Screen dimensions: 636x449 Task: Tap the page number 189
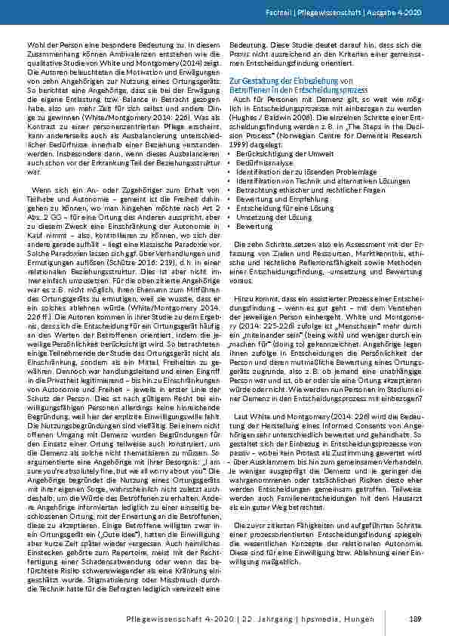pos(414,619)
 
